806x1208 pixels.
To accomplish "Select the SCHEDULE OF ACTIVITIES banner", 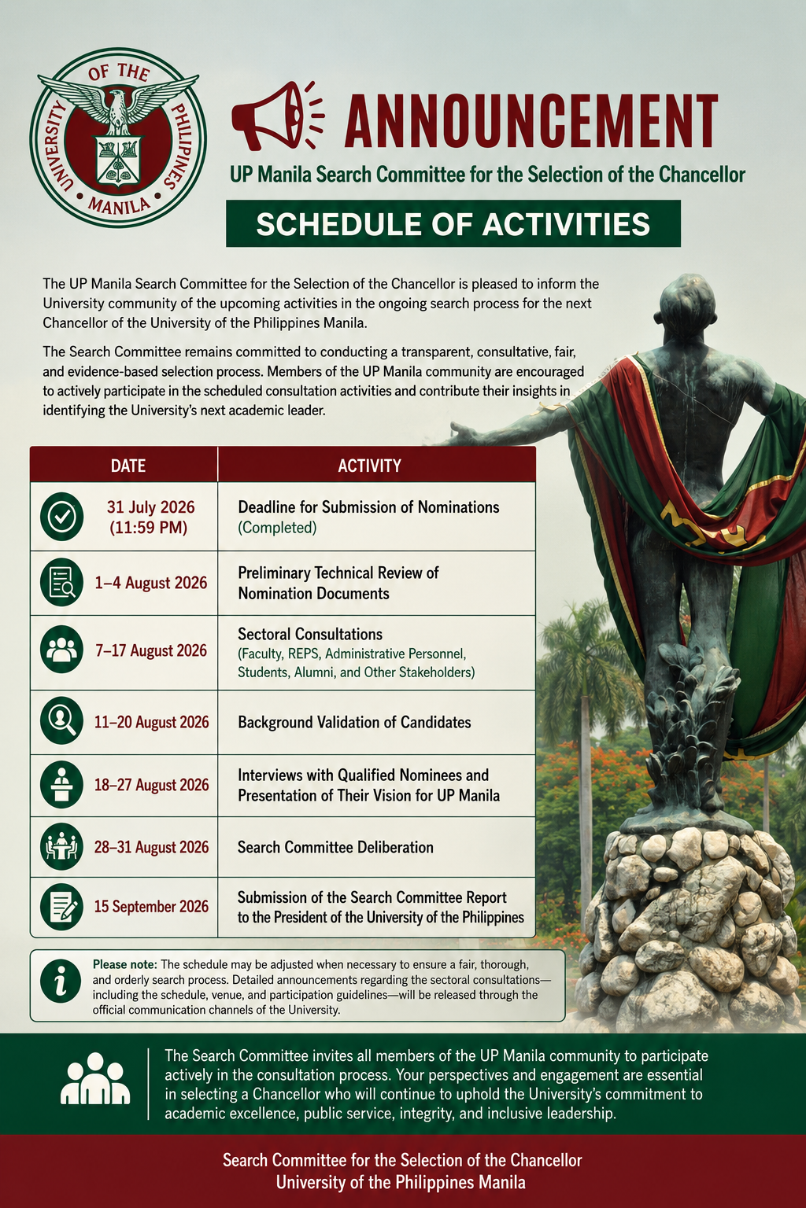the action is tap(453, 223).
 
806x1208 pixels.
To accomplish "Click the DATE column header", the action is tap(128, 466).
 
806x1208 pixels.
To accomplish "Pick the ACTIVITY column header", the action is tap(369, 466).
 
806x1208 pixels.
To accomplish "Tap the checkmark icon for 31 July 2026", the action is tap(61, 517).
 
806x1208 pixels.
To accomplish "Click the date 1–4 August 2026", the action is tap(151, 583).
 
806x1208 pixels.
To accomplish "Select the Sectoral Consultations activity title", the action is tap(310, 634).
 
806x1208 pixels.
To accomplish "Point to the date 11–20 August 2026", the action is tap(152, 722).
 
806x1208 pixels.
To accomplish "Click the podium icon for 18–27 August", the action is tap(61, 785).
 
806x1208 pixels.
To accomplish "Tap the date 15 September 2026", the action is tap(151, 907).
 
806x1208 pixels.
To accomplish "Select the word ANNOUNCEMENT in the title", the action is tap(531, 120).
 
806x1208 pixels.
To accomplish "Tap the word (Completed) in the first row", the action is tap(277, 528).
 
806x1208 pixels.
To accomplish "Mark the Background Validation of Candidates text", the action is tap(354, 722).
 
